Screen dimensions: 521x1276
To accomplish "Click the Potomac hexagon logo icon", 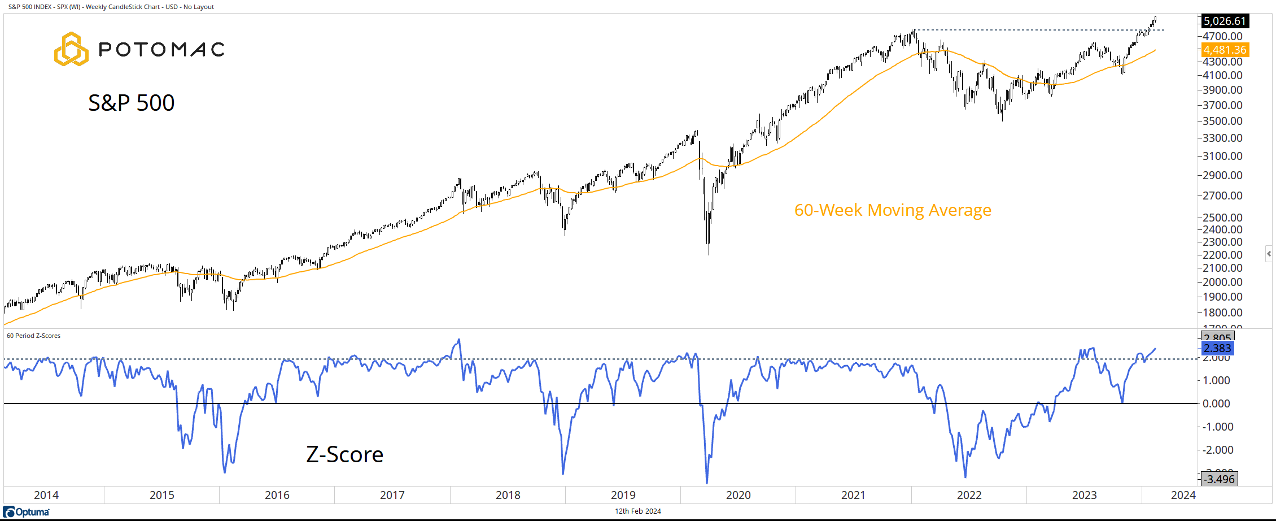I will pos(71,49).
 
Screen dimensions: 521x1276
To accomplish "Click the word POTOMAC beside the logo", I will pos(162,50).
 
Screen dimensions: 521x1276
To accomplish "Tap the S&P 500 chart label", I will pos(132,103).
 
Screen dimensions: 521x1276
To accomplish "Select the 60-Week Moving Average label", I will pos(892,210).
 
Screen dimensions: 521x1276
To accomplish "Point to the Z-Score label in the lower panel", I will pos(344,454).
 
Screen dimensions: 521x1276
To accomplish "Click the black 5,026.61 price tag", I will pos(1224,21).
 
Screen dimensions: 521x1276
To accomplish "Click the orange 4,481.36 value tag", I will pos(1224,50).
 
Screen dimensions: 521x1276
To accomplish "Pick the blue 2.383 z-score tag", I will pos(1217,349).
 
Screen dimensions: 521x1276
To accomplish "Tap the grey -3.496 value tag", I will pos(1219,479).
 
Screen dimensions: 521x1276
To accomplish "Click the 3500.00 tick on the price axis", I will pos(1222,121).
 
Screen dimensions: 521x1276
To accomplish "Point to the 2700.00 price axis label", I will pos(1222,196).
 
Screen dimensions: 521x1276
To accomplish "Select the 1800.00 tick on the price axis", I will pos(1222,312).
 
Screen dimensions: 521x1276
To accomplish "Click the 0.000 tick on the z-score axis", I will pos(1216,403).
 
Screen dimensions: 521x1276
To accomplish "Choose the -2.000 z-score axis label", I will pos(1218,450).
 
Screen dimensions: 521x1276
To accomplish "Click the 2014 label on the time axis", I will pos(46,495).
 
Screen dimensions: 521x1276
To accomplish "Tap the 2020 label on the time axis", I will pos(738,495).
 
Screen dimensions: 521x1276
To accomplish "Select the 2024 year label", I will pos(1183,495).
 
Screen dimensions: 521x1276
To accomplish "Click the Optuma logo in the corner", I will pos(27,512).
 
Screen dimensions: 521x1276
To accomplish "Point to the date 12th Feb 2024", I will pos(637,511).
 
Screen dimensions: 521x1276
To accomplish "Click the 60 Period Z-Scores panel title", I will pos(33,336).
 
